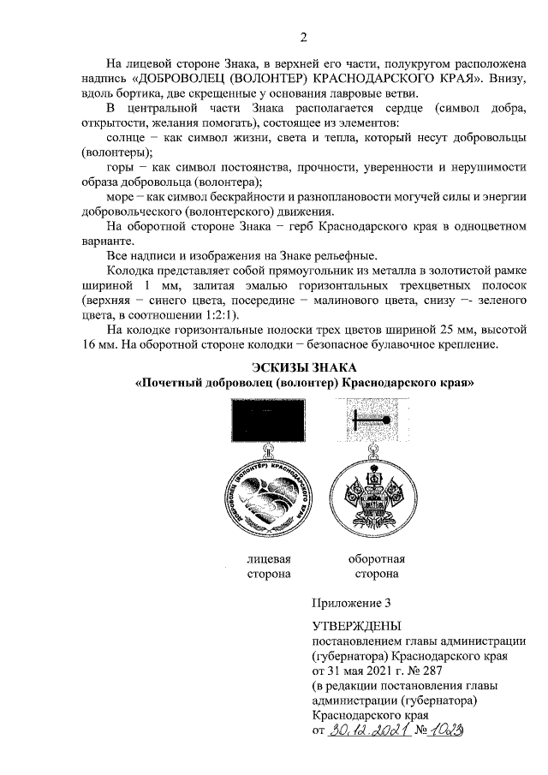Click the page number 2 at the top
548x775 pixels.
[x=303, y=35]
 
